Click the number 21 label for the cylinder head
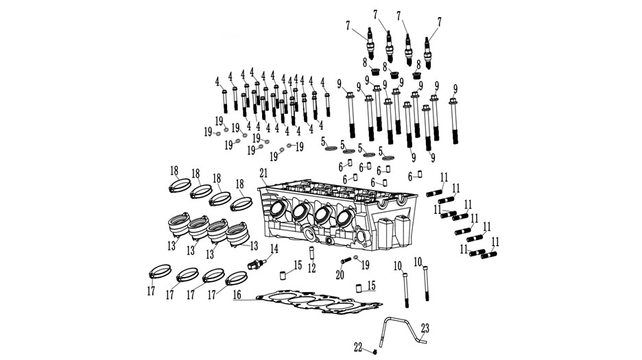(263, 173)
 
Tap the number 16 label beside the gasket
(237, 294)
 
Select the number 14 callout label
(274, 249)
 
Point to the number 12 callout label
(312, 269)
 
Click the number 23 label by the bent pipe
(425, 328)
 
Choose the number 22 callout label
(358, 348)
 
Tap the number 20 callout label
(340, 275)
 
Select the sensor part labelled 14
(257, 264)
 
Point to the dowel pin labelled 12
(311, 253)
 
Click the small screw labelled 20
(346, 261)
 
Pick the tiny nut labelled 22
(375, 352)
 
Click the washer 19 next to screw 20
(355, 257)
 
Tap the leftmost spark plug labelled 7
(370, 44)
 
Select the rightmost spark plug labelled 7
(428, 53)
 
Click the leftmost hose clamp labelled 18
(180, 186)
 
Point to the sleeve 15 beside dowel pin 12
(283, 275)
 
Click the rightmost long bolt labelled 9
(453, 121)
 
